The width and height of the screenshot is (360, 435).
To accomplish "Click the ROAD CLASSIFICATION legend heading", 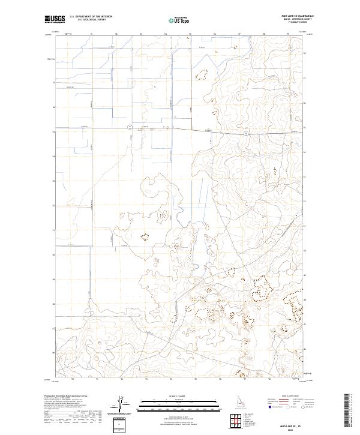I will [292, 397].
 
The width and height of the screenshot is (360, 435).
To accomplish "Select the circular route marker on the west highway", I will [130, 127].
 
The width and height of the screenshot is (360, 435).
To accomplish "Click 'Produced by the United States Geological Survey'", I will [66, 397].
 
